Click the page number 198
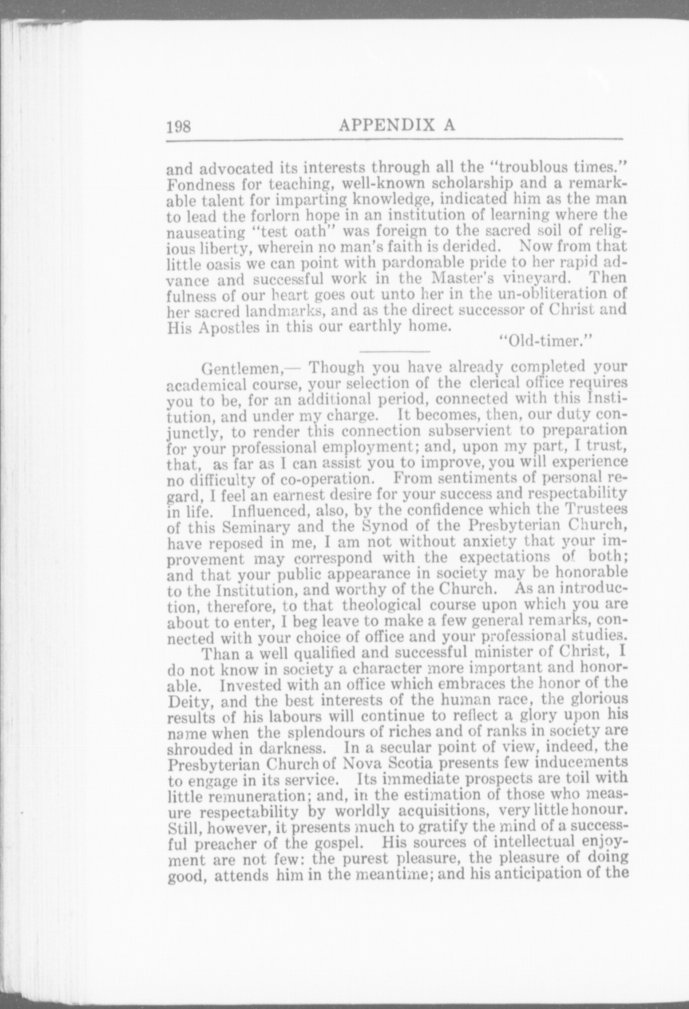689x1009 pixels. point(179,125)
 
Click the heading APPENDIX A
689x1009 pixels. point(397,124)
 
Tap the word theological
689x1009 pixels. point(383,605)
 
